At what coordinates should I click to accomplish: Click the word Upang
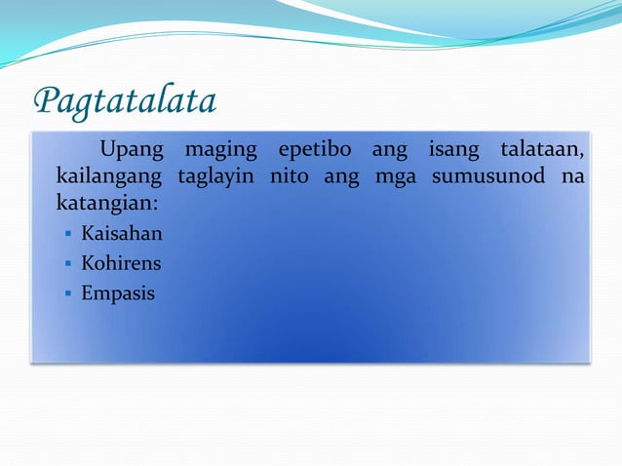(134, 152)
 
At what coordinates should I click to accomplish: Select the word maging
(221, 152)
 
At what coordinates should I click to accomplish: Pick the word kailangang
(107, 179)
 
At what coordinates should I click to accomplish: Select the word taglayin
(216, 179)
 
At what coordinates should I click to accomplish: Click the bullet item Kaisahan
(122, 234)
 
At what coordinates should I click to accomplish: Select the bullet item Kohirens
(121, 263)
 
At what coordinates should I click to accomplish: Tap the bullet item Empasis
(118, 292)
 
